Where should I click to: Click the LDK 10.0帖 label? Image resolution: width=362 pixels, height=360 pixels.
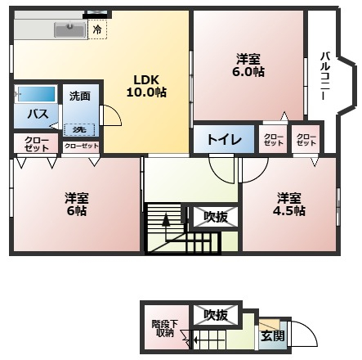[x=146, y=86]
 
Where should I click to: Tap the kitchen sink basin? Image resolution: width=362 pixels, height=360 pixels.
[x=69, y=29]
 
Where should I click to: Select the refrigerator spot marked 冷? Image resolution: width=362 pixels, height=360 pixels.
[x=97, y=29]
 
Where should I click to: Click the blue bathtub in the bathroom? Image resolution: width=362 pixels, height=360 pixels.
[x=37, y=94]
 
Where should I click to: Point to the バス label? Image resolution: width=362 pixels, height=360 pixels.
[x=38, y=114]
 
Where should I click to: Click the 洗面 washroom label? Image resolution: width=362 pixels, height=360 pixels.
[x=80, y=96]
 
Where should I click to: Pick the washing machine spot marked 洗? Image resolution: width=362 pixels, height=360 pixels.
[x=79, y=130]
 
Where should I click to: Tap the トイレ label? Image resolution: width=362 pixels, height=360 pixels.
[x=224, y=140]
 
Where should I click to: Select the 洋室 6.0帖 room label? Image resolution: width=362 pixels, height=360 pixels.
[x=248, y=65]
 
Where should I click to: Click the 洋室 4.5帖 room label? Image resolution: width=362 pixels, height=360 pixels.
[x=289, y=205]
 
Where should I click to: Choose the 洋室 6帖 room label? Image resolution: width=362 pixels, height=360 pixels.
[x=77, y=205]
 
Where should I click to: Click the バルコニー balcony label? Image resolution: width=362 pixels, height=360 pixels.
[x=324, y=76]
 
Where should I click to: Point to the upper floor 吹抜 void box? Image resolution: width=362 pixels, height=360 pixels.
[x=216, y=217]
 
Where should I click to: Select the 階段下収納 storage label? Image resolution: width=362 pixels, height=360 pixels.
[x=165, y=328]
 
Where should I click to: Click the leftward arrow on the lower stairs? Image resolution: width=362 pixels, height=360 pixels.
[x=209, y=340]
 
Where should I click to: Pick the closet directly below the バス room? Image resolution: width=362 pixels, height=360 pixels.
[x=36, y=143]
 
